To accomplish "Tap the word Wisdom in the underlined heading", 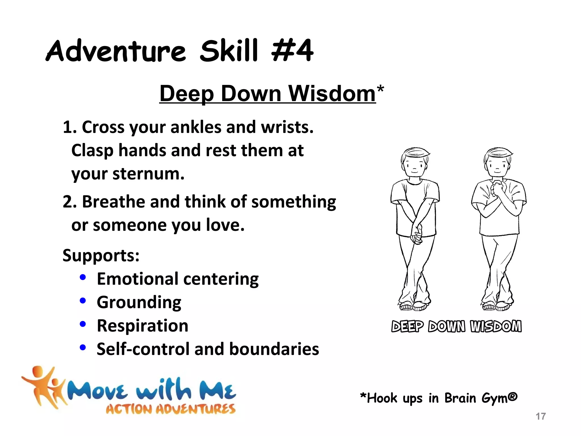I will pos(332,93).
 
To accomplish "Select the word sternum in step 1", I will pos(148,174).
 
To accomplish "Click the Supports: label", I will pos(101,255).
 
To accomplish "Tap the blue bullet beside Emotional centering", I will pos(83,277).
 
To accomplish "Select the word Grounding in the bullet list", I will pos(139,302).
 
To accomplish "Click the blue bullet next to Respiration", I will pos(83,324).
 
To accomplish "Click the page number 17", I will pos(540,416).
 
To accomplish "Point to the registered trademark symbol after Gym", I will pos(513,396).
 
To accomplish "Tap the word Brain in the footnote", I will pos(460,398).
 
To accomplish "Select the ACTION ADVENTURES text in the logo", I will pos(170,409).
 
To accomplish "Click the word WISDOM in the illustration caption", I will pos(496,326).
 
